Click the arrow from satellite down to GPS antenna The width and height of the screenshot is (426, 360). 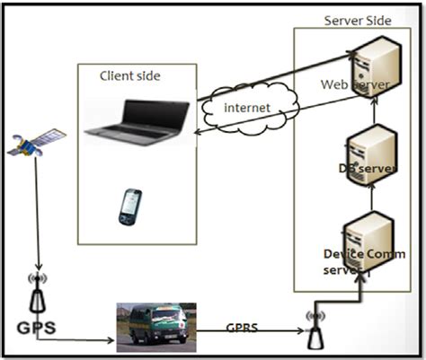tap(37, 215)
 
